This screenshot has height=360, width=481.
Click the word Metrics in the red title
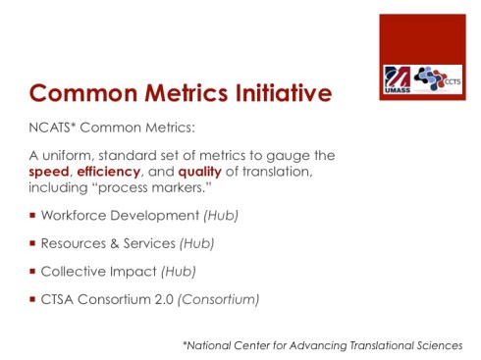point(186,95)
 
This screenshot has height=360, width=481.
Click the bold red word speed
point(50,171)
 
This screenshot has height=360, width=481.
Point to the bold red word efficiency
point(111,171)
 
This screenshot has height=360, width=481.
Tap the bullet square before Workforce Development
point(32,215)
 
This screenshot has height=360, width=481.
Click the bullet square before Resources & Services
point(32,242)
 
